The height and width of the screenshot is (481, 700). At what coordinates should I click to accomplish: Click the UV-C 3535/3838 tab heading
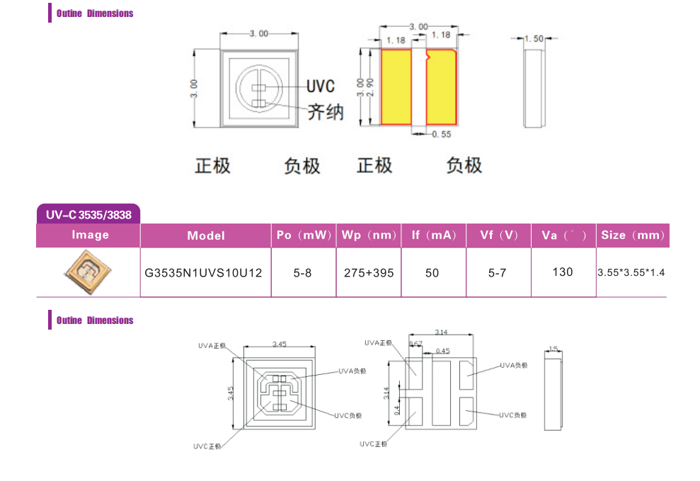88,214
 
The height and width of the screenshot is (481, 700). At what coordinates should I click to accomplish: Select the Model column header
206,236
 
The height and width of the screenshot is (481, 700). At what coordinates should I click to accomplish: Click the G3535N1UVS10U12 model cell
206,272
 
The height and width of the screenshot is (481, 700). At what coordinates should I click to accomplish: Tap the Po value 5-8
303,272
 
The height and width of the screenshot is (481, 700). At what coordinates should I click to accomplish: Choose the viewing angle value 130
563,272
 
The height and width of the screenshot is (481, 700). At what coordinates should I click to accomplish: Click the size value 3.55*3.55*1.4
631,272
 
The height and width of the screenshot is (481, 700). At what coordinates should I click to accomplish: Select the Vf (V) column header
499,236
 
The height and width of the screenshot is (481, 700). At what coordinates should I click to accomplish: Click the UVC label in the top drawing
320,86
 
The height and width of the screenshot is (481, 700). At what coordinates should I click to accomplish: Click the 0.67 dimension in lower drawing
416,343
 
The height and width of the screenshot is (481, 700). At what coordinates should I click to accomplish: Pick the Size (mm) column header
633,236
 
